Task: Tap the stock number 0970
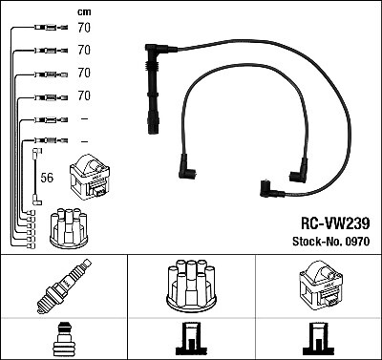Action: [354, 243]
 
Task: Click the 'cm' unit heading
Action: [82, 11]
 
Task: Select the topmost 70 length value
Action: [83, 29]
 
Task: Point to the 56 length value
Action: [47, 177]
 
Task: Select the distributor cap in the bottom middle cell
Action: [191, 286]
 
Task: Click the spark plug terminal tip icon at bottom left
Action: [61, 340]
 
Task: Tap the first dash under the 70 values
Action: [84, 118]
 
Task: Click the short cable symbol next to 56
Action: [36, 176]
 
